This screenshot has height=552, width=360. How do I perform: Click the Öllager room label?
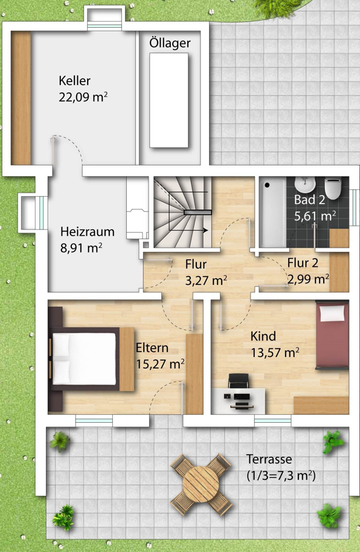coord(170,43)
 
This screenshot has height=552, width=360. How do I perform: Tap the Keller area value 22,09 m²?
coord(83,97)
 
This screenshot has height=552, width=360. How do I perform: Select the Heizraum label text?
coord(88,232)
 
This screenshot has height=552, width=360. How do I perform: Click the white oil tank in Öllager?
coord(169,100)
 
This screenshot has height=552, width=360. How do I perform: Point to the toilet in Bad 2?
coord(333,188)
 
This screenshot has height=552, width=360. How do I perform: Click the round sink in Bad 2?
coord(304,184)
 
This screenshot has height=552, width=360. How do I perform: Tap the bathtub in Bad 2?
coord(272,213)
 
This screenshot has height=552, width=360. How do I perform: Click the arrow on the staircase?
coord(196,231)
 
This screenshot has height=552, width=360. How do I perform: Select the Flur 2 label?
coord(303,263)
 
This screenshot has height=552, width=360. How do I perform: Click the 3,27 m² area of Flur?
coord(206,281)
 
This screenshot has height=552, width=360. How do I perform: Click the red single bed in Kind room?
coord(332,335)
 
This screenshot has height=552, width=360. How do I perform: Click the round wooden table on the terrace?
coord(201,484)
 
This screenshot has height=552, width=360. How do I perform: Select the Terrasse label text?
coord(269,460)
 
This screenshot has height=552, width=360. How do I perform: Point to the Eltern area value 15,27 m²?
coord(160,364)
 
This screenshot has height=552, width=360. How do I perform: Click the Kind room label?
coord(263,336)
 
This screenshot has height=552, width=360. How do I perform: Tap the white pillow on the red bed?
coord(332,313)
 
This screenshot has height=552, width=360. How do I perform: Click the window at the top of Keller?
coord(104,26)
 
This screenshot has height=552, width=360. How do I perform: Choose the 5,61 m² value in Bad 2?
coord(315,216)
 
